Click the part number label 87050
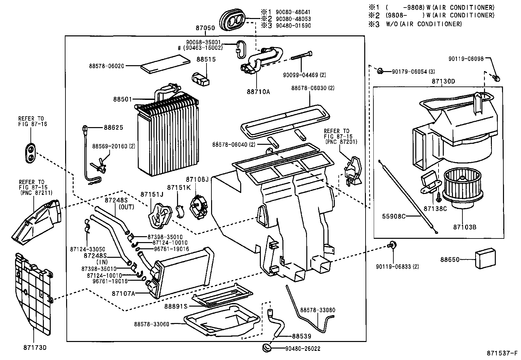coord(205,28)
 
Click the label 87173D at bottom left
coord(35,347)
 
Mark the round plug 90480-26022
coord(267,348)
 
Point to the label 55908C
coord(394,217)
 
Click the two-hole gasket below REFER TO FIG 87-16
coord(30,152)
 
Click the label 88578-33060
coord(152,324)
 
